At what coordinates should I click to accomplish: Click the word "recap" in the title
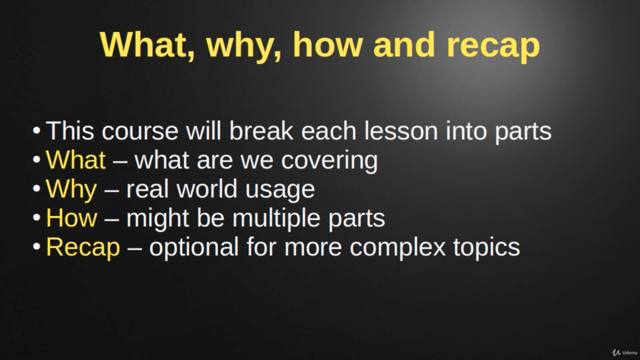point(493,47)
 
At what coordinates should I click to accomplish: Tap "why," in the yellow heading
point(243,47)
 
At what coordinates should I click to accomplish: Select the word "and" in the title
point(404,44)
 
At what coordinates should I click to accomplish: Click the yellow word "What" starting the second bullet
point(75,159)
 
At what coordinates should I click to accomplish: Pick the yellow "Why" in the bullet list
point(71,189)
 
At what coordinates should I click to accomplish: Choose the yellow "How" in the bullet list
point(71,218)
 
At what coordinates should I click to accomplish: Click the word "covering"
point(329,161)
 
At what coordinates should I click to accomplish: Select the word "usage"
point(280,191)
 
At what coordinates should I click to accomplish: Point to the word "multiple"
point(276,219)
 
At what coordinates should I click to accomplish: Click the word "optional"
point(194,248)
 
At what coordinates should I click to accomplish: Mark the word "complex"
point(397,248)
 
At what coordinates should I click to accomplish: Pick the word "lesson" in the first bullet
point(401,131)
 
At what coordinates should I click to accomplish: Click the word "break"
point(261,131)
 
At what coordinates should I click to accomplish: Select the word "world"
point(207,188)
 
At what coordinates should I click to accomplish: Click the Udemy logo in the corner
point(625,352)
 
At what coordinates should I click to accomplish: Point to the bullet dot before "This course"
point(36,131)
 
